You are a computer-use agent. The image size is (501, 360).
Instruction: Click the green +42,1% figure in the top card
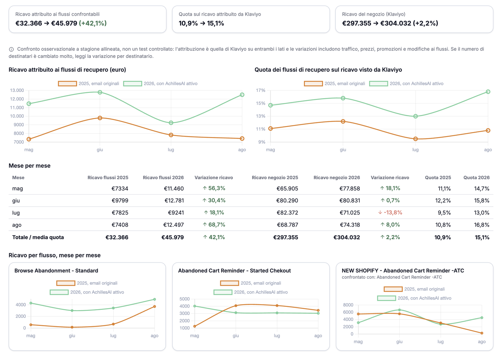93,23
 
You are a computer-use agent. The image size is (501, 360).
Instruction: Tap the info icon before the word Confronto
11,49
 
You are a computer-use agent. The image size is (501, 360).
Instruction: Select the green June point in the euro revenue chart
100,92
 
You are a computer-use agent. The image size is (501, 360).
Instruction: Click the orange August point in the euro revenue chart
242,139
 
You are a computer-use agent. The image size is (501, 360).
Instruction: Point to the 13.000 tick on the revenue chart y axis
17,90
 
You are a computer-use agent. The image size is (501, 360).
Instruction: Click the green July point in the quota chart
415,116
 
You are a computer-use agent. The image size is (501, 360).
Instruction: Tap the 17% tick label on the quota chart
261,90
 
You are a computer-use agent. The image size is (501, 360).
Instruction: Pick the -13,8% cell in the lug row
390,213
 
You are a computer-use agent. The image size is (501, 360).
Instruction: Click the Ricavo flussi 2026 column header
163,177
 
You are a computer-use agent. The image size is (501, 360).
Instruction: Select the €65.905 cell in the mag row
287,189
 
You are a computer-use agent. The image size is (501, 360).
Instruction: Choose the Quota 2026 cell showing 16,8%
482,225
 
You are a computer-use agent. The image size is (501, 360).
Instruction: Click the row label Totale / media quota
38,237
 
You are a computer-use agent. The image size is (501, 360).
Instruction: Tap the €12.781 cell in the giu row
174,201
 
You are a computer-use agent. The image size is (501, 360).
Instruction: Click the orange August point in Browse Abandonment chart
155,307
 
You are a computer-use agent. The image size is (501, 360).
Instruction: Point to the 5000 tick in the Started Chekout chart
184,299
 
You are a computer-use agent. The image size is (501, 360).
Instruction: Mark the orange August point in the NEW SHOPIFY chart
482,333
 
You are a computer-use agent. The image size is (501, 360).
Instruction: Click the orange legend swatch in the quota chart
313,84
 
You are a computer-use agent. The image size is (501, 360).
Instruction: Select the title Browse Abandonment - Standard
56,271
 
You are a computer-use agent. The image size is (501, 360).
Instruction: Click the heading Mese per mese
29,166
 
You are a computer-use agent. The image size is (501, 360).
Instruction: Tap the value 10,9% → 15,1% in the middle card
201,23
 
